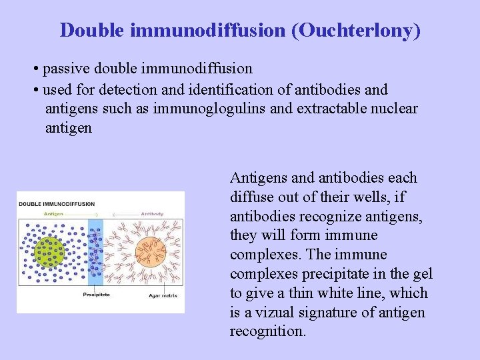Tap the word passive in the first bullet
point(67,69)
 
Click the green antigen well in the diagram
point(49,252)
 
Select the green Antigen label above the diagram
point(53,214)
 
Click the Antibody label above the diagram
point(151,214)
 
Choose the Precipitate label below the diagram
point(96,294)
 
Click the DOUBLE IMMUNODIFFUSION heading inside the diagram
point(57,204)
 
